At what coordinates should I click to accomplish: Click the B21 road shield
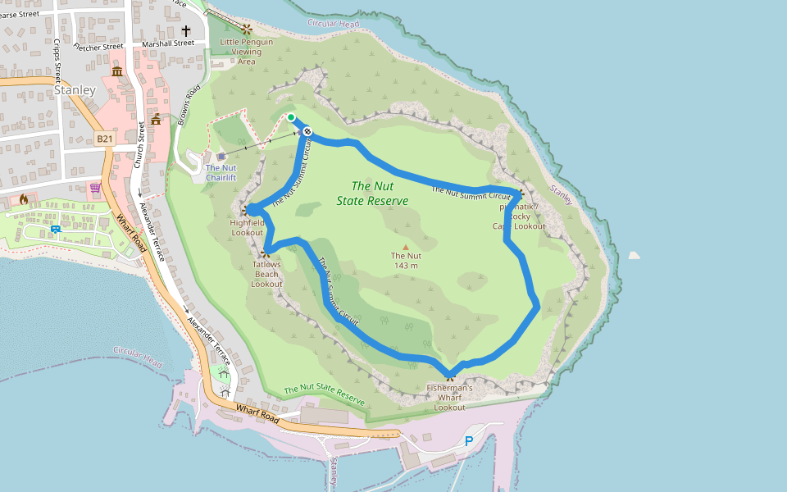104,139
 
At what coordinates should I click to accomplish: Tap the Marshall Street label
167,43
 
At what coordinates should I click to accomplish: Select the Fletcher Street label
98,46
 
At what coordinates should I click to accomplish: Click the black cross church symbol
186,30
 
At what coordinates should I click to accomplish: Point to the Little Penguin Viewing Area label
247,52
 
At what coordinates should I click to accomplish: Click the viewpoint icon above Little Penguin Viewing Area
247,29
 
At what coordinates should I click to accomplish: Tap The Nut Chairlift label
221,172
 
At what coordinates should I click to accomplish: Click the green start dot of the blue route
291,117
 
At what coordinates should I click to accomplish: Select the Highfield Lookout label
247,227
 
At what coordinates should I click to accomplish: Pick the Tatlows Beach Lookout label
266,274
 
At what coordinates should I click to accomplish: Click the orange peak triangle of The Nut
405,245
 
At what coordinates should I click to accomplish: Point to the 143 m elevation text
406,265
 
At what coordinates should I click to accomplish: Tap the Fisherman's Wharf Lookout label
450,398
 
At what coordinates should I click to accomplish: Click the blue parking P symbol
470,441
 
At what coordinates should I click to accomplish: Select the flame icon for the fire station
24,199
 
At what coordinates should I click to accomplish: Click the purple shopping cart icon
95,188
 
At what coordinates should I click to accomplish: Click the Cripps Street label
58,61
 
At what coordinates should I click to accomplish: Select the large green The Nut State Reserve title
372,194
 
